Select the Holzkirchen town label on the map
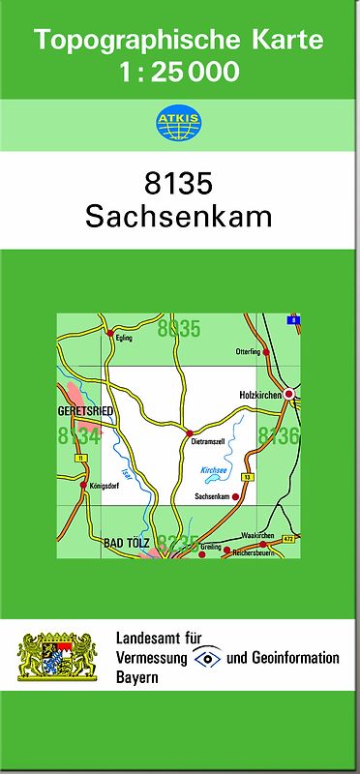pyautogui.click(x=259, y=396)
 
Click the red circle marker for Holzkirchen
pyautogui.click(x=288, y=395)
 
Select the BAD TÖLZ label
pyautogui.click(x=126, y=545)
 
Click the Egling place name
pyautogui.click(x=123, y=340)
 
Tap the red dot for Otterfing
pyautogui.click(x=266, y=352)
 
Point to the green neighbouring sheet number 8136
pyautogui.click(x=278, y=437)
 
